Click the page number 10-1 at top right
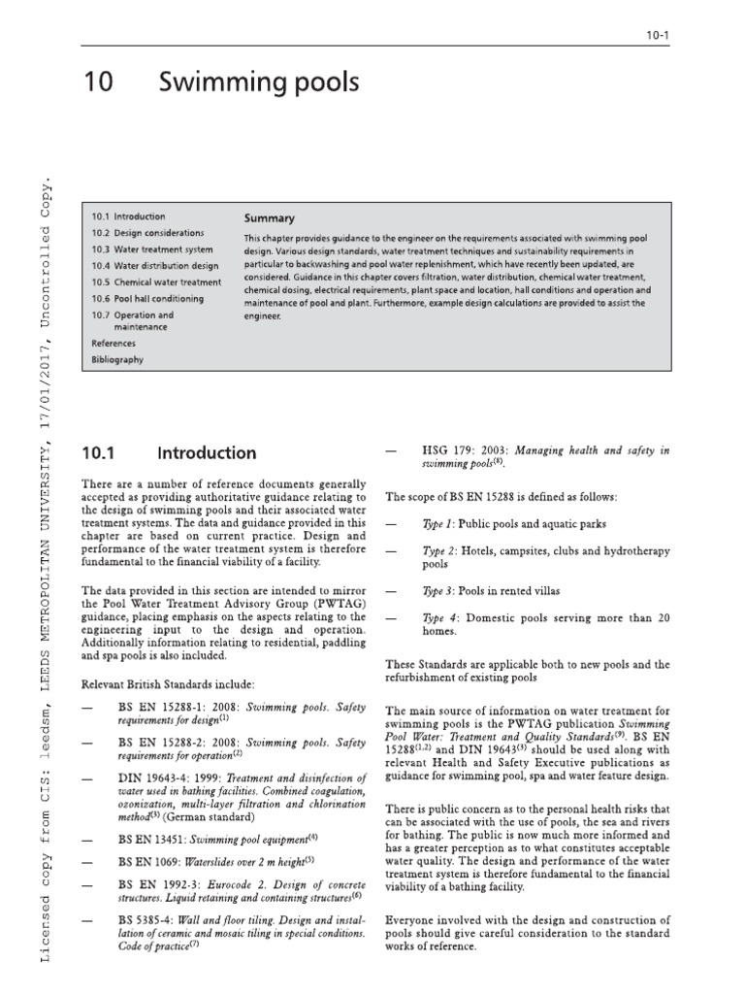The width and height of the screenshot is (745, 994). click(x=658, y=36)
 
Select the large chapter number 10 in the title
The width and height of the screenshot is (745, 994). click(x=99, y=84)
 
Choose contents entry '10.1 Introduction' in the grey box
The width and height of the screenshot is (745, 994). click(x=129, y=216)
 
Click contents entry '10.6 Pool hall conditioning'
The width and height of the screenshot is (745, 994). click(x=147, y=299)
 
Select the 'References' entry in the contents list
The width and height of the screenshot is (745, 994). click(x=113, y=344)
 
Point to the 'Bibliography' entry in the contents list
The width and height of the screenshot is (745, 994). click(x=117, y=360)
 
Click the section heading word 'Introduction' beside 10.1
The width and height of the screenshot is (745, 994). click(x=207, y=453)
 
